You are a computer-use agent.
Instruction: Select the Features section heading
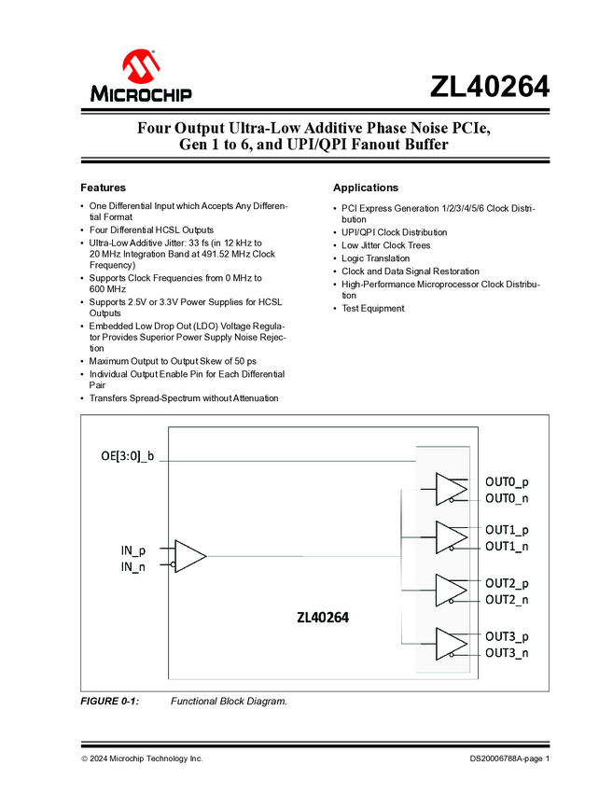coord(103,188)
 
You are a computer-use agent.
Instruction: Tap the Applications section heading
coord(366,188)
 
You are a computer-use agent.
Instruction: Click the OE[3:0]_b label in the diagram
coord(127,456)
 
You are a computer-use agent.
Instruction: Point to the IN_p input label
coord(132,550)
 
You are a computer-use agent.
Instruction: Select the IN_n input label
coord(132,566)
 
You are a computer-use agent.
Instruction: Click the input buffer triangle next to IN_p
coord(190,557)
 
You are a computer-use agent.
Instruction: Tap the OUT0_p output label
coord(507,481)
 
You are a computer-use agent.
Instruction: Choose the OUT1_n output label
coord(507,546)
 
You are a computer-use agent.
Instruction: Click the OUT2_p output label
coord(507,583)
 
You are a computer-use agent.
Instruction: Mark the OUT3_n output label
coord(507,652)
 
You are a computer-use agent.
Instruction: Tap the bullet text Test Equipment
coord(373,308)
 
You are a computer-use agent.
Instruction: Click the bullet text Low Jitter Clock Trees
coord(386,245)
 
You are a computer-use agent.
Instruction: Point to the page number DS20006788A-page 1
coord(509,759)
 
